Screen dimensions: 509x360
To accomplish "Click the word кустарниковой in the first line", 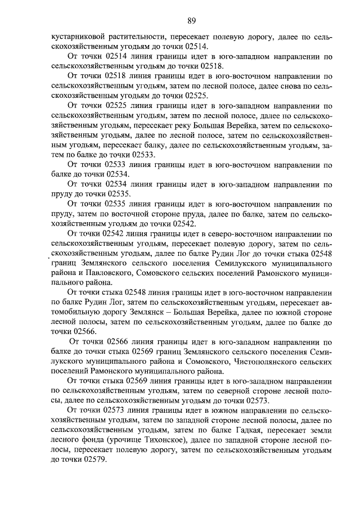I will (76, 37).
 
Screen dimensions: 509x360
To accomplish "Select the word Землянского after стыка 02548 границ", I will (101, 263).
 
